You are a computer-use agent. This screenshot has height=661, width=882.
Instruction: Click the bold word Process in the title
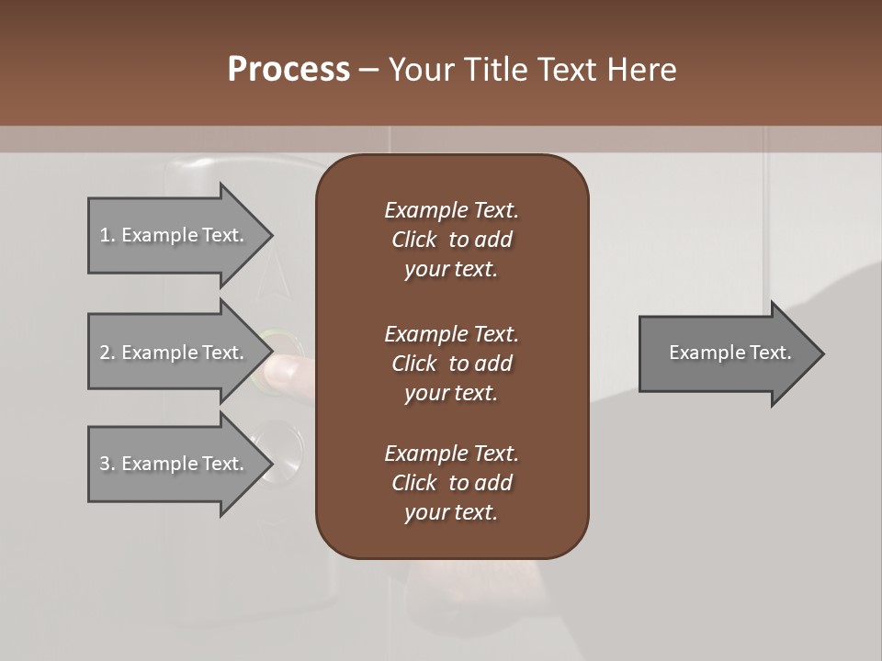coord(288,70)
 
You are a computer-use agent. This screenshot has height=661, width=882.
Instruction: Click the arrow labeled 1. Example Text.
coord(175,235)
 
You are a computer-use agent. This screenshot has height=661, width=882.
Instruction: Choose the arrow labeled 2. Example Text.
coord(175,353)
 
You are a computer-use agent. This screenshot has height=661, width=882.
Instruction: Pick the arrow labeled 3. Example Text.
coord(175,464)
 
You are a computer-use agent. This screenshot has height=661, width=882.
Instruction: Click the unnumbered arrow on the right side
coord(726,353)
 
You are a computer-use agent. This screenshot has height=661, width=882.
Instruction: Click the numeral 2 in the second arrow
coord(105,353)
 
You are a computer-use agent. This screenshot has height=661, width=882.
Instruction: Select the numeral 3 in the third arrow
coord(105,464)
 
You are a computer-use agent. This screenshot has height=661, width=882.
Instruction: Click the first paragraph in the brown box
coord(451,240)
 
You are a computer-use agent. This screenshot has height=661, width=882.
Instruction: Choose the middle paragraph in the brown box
coord(451,364)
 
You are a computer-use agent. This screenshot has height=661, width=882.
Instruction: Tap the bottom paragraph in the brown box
coord(451,483)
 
